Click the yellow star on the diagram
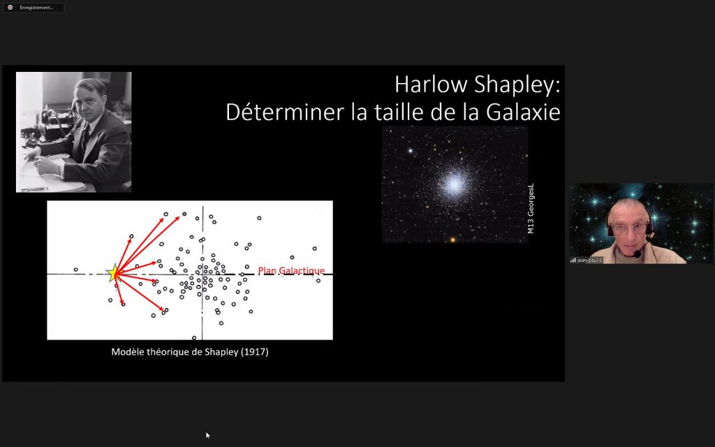coord(113,273)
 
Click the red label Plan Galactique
coord(291,270)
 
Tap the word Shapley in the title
coord(517,85)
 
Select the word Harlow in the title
coord(431,85)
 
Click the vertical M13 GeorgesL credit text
coord(531,208)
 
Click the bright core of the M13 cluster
coord(454,184)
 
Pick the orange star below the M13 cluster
coord(452,240)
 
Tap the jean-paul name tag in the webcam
coord(587,260)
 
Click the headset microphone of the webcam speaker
coord(637,254)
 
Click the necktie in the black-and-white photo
coord(85,137)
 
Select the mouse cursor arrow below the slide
coord(208,435)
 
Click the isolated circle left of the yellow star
coord(75,270)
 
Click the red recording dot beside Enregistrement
coord(10,7)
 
